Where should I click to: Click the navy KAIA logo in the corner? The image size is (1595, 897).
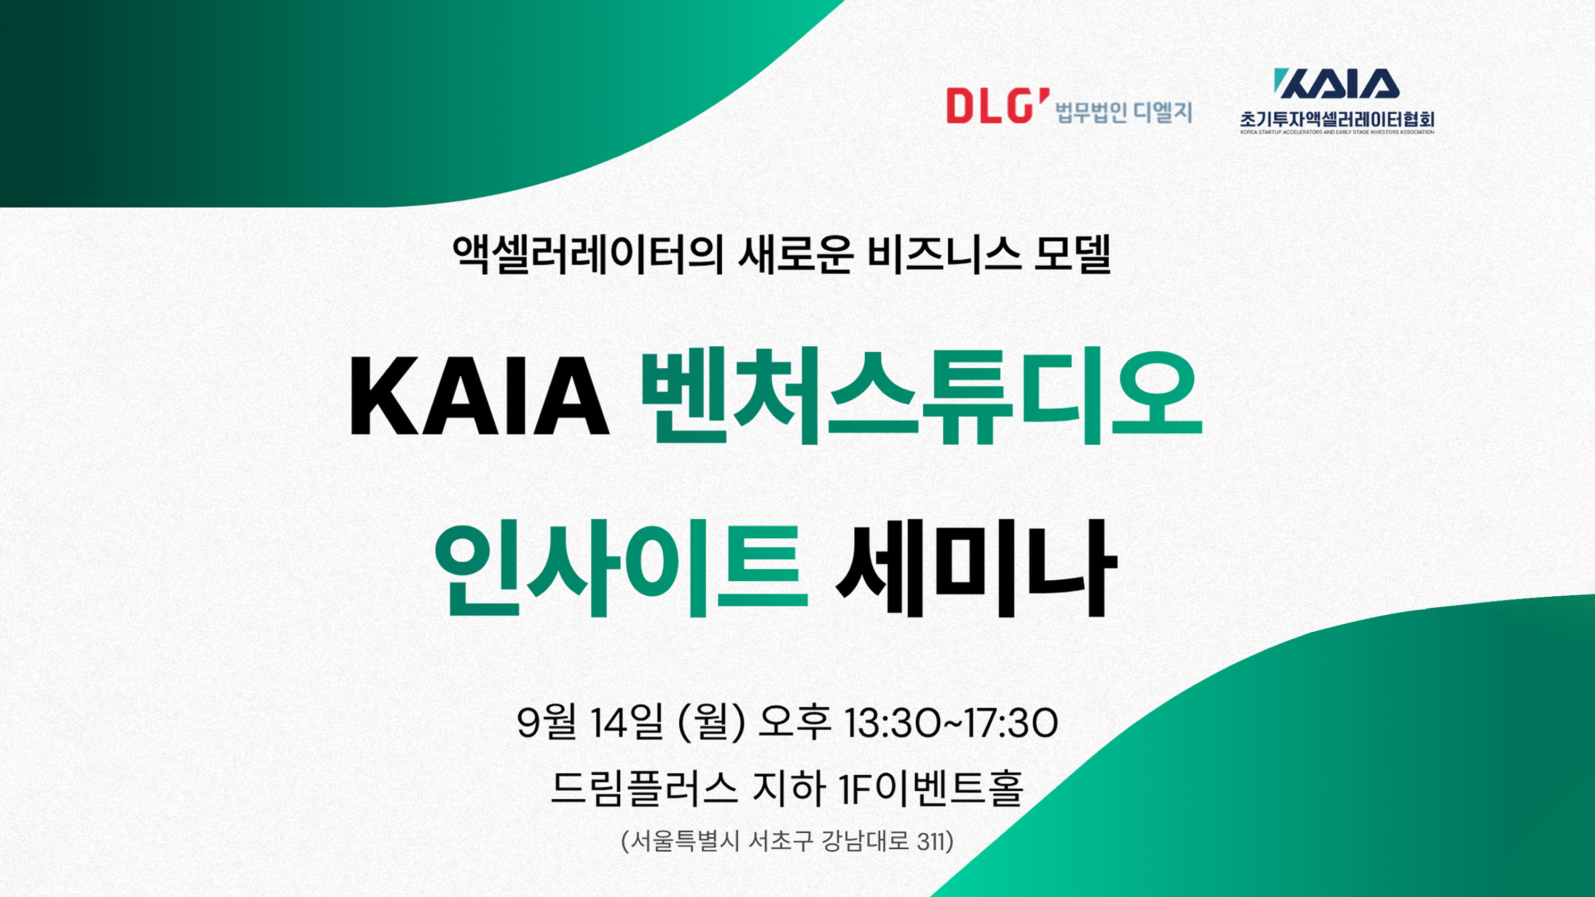coord(1336,83)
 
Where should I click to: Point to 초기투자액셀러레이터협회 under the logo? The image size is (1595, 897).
coord(1337,119)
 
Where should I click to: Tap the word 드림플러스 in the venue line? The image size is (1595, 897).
coord(644,788)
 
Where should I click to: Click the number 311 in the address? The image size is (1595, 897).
coord(931,842)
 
